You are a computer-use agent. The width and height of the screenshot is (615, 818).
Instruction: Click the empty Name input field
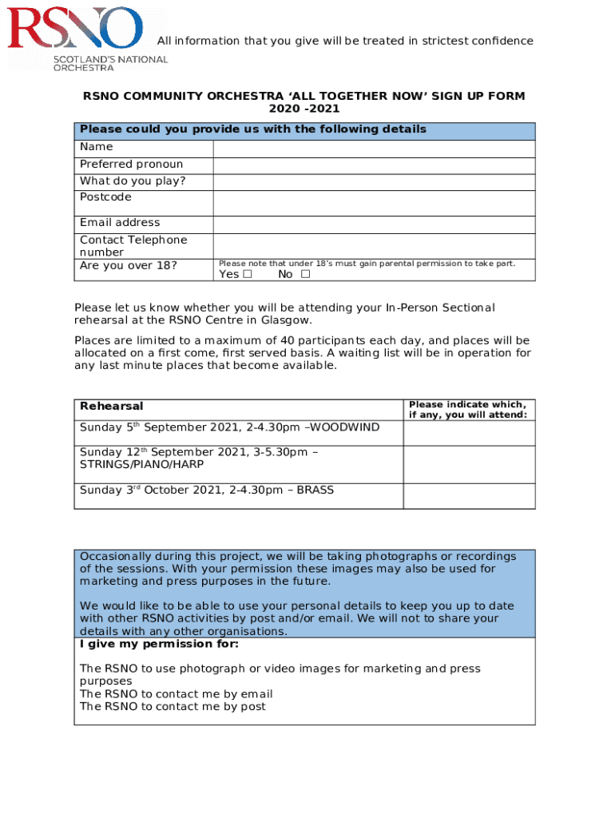point(374,149)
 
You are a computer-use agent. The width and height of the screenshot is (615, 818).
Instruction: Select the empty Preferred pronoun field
point(374,165)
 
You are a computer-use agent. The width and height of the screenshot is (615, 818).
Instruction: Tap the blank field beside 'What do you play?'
point(374,182)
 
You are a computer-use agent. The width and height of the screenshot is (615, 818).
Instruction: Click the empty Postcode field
point(374,203)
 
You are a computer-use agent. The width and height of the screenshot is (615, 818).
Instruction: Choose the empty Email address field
point(374,224)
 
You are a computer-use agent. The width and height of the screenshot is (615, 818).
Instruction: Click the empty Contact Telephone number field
point(374,245)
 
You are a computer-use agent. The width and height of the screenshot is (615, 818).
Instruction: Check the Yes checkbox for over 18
point(248,275)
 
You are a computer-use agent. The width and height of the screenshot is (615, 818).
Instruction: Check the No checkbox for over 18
point(305,275)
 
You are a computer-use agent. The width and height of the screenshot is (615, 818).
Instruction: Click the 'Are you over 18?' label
point(129,265)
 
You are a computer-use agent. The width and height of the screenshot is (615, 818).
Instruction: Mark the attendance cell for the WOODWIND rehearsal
point(469,433)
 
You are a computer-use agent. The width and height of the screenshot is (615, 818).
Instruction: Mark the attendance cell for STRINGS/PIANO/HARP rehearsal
point(469,464)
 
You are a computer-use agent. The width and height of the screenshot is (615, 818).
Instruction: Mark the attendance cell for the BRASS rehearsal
point(469,495)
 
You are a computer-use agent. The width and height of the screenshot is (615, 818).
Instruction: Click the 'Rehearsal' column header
point(112,407)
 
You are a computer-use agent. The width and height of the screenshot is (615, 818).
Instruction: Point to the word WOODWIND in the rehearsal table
point(346,428)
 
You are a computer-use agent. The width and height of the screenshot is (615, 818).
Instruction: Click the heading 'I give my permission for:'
point(159,644)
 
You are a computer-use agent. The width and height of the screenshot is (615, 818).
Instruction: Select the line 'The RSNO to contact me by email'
point(177,694)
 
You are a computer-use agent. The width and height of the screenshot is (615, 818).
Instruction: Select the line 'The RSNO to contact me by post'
point(173,707)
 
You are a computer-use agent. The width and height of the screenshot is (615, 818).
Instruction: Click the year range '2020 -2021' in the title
point(304,109)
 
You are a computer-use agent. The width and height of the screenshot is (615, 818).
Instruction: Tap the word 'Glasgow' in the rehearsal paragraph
point(284,320)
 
